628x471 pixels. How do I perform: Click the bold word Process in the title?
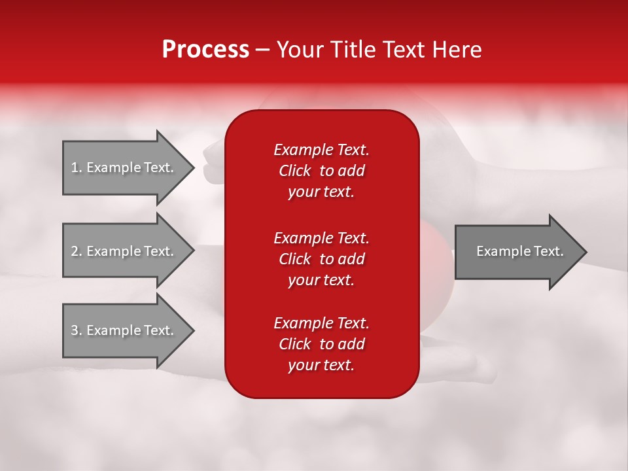coord(205,50)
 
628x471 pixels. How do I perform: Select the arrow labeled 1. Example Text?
coord(124,167)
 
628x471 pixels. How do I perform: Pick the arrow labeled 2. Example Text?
coord(124,251)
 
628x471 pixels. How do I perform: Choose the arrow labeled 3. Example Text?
coord(124,330)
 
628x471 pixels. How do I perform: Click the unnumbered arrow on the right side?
coord(517,251)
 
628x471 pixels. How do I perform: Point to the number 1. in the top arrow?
coord(76,167)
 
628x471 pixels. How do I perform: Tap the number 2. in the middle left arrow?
coord(76,251)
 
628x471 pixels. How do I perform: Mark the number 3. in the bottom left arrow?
coord(76,330)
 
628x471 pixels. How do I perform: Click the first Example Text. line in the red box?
coord(321,150)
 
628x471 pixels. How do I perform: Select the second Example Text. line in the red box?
coord(321,237)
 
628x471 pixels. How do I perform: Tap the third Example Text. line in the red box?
coord(321,323)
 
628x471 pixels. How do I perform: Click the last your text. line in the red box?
coord(321,366)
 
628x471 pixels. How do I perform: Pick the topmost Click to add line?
coord(321,171)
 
